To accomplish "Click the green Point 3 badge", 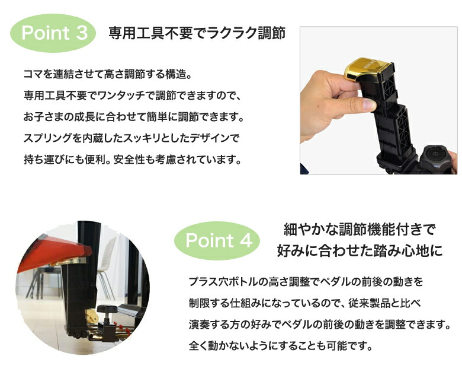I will coord(54,33).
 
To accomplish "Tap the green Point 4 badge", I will coord(219,241).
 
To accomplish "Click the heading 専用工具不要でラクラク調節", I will coord(197,33).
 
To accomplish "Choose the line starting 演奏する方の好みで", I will coord(320,325).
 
